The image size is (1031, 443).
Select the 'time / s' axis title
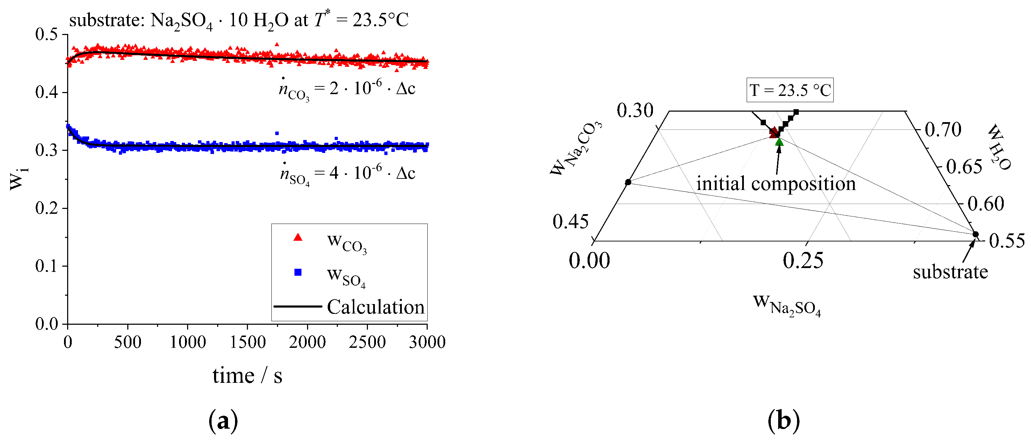pos(247,376)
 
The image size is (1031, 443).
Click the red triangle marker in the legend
pos(298,238)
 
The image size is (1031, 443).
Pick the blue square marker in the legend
pos(298,272)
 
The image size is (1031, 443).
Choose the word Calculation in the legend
pos(375,307)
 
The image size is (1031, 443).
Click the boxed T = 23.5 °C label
pos(790,90)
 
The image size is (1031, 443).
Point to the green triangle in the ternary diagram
pos(779,142)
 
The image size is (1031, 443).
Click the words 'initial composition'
pos(776,184)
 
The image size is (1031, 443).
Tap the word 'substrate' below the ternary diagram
pos(950,272)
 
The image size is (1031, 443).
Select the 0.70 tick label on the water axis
pos(943,130)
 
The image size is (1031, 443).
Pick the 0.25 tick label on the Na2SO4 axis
pos(803,261)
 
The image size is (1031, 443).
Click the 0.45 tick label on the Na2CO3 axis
pos(570,221)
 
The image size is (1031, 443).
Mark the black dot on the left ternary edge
pos(628,182)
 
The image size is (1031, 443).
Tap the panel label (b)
pos(783,421)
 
